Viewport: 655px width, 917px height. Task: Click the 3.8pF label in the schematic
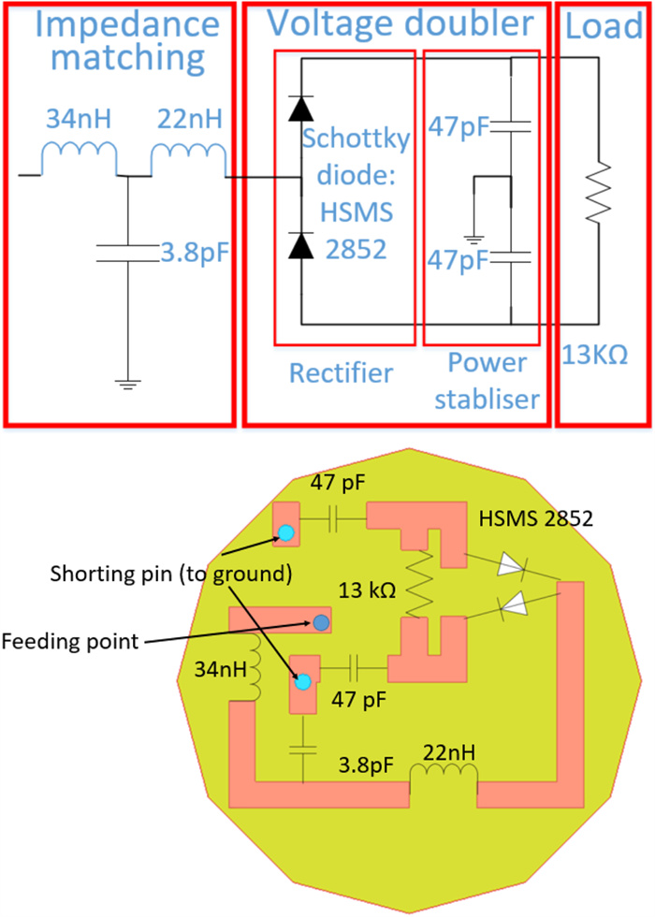click(x=194, y=254)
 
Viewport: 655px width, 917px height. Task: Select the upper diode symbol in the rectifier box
click(x=300, y=109)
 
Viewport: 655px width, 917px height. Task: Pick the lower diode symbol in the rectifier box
click(x=300, y=246)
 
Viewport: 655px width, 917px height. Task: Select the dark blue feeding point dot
click(x=321, y=621)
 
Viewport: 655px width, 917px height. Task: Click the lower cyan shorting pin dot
click(x=302, y=681)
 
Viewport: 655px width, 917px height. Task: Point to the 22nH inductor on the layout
click(x=444, y=775)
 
